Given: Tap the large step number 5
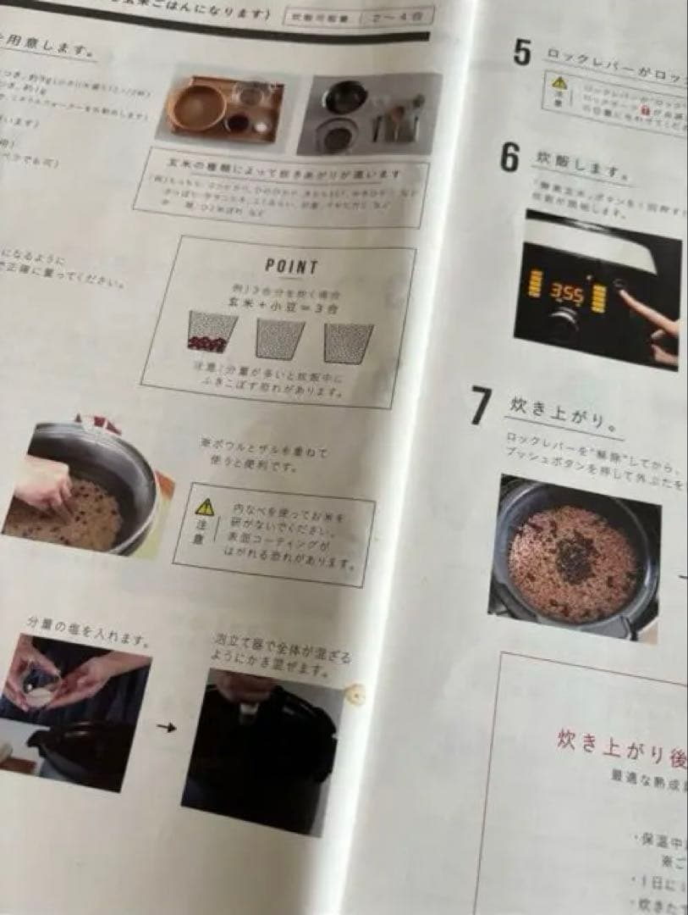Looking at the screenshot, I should tap(522, 53).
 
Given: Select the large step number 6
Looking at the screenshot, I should tap(509, 158).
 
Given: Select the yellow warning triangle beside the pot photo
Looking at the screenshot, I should tap(205, 507).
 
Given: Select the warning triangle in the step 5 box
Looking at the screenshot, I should tap(559, 82).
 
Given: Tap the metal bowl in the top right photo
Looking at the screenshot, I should tap(344, 97).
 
